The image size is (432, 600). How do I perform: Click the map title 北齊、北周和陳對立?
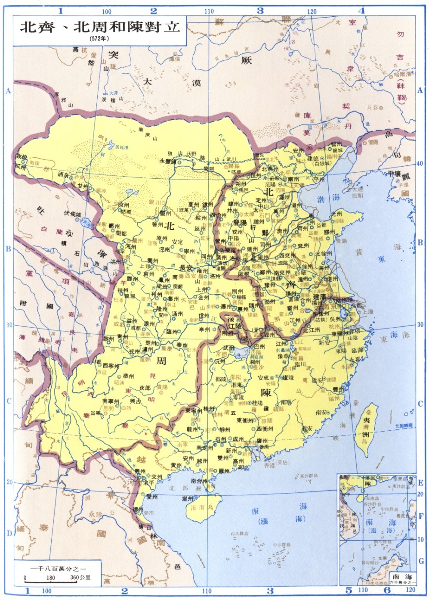tap(99, 26)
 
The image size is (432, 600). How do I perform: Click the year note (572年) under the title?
tap(99, 38)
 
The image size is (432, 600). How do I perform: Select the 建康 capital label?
tap(319, 297)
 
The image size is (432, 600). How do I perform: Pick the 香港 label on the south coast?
tap(269, 466)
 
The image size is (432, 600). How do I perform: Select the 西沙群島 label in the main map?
tap(239, 534)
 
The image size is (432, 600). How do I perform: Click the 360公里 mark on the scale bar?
tap(80, 577)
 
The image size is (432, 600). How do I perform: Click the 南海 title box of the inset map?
tap(402, 576)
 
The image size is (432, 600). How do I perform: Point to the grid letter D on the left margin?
tap(9, 533)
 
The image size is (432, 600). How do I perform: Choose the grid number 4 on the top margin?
tap(361, 11)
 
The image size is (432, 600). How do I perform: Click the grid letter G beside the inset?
tap(421, 560)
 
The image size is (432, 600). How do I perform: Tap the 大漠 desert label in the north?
tap(172, 82)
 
